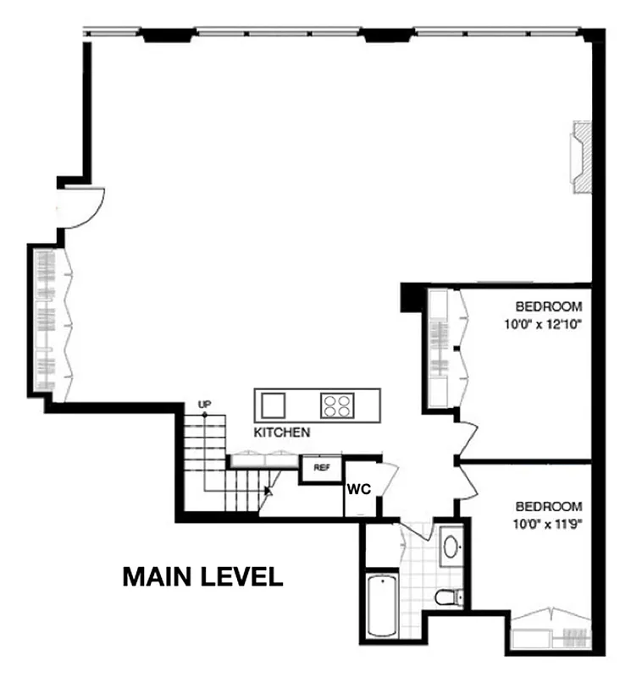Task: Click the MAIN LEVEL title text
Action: tap(202, 577)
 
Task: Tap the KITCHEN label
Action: tap(282, 432)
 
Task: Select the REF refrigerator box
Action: tap(322, 467)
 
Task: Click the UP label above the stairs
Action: tap(203, 405)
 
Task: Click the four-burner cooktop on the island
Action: tap(336, 405)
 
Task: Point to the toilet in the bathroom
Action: tap(449, 597)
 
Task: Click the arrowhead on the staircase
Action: tap(268, 489)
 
